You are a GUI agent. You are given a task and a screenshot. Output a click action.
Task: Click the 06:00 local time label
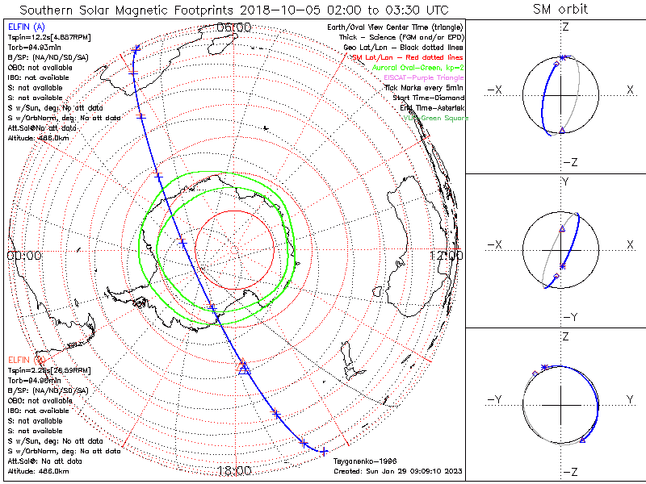(x=233, y=28)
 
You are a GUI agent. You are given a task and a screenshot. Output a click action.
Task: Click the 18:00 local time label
(x=233, y=470)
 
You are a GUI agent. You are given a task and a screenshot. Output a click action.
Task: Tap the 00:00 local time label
(x=24, y=256)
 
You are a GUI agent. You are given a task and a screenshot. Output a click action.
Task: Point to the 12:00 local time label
(x=447, y=256)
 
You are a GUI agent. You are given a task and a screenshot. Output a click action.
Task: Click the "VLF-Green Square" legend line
(x=435, y=118)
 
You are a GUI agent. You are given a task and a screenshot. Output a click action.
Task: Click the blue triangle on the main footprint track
(x=243, y=369)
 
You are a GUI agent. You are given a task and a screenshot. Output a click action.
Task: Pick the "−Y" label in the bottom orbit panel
(x=495, y=399)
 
